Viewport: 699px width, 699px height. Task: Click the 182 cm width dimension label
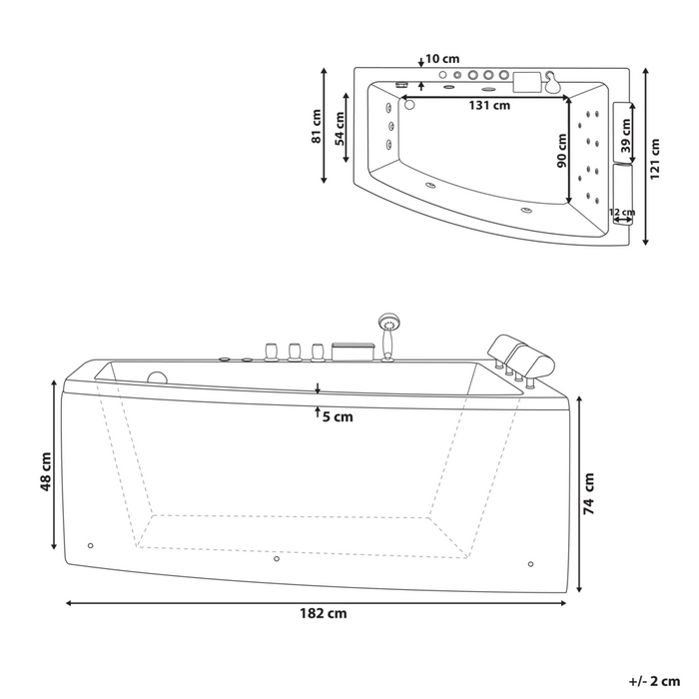[x=324, y=613]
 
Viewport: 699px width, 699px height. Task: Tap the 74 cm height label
[x=589, y=494]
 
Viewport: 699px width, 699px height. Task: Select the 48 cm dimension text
[x=46, y=471]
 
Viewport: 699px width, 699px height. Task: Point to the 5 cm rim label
[x=338, y=416]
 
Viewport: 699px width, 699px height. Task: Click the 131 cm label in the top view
[x=489, y=106]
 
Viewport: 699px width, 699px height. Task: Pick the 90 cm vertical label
[x=562, y=151]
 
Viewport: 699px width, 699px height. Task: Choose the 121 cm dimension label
[x=654, y=159]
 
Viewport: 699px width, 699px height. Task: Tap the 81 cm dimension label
[x=317, y=126]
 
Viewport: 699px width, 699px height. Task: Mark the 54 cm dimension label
[x=340, y=129]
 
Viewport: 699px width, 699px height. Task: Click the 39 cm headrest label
[x=626, y=136]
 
